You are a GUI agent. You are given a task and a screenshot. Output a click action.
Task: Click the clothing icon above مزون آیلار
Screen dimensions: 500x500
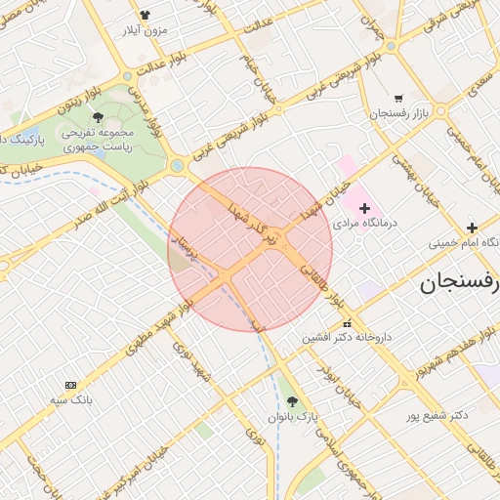[x=146, y=15]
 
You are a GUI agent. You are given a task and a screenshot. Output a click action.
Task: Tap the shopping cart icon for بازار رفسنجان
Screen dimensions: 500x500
[x=398, y=98]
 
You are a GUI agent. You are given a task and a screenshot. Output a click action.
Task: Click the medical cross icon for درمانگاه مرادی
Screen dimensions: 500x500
[x=364, y=207]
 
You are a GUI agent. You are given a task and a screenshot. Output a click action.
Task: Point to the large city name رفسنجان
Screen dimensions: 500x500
[x=459, y=284]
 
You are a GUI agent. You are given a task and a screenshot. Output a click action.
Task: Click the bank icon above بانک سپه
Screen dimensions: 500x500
[x=69, y=385]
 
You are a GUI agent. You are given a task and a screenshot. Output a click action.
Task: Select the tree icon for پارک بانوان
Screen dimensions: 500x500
[x=292, y=401]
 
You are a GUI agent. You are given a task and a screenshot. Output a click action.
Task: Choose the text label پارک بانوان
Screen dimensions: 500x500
[x=295, y=417]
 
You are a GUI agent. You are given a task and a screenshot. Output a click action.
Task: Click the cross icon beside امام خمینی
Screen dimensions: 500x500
[x=473, y=227]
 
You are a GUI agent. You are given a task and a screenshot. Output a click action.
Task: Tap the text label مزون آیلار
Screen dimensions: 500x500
[x=146, y=30]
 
